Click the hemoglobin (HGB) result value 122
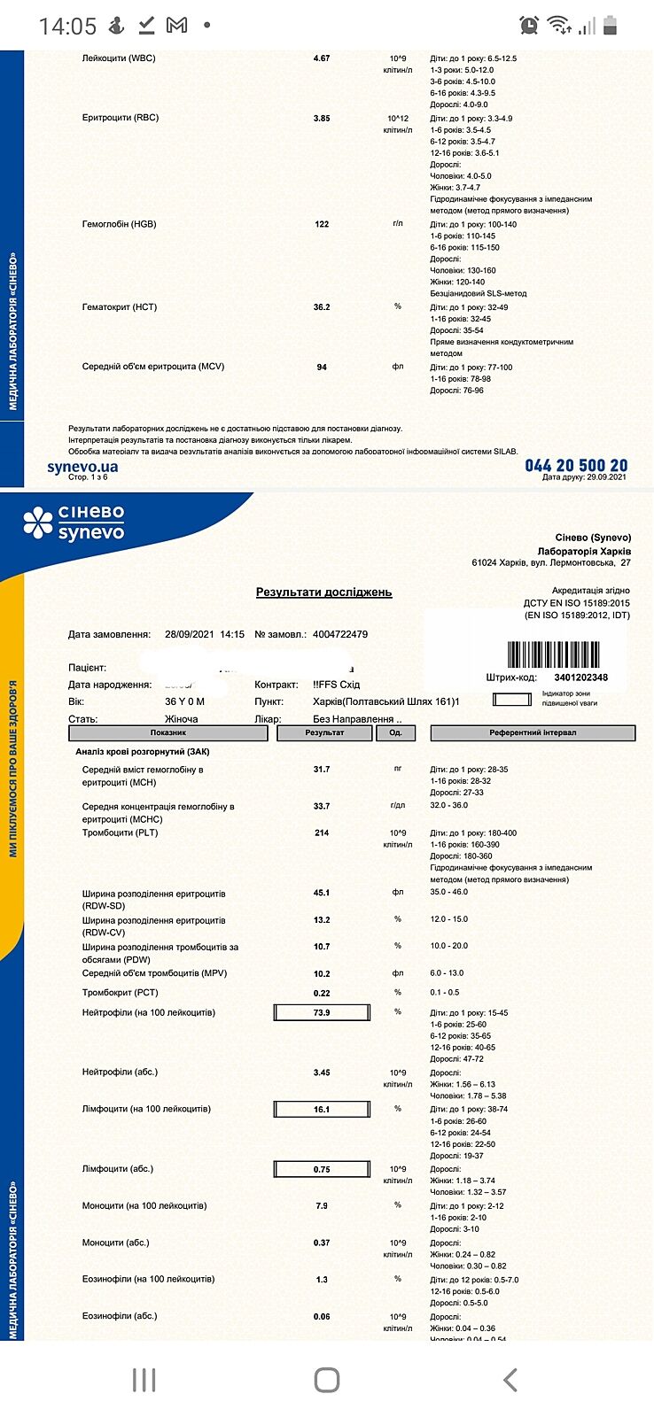(x=322, y=224)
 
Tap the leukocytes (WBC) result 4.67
(x=322, y=58)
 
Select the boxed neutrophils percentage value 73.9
(x=322, y=1013)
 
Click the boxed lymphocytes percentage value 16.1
(x=322, y=1110)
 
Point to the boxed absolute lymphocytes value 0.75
(x=322, y=1170)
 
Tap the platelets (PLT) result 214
(x=322, y=833)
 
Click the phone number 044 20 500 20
(x=576, y=466)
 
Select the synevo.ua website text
(x=82, y=467)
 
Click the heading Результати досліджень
(x=323, y=592)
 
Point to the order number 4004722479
(x=340, y=634)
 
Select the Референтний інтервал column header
(x=533, y=733)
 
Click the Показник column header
(x=167, y=733)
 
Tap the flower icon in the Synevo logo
(x=38, y=523)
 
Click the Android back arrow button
(x=510, y=1380)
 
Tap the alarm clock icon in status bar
(x=529, y=26)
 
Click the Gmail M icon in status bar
(x=177, y=26)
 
